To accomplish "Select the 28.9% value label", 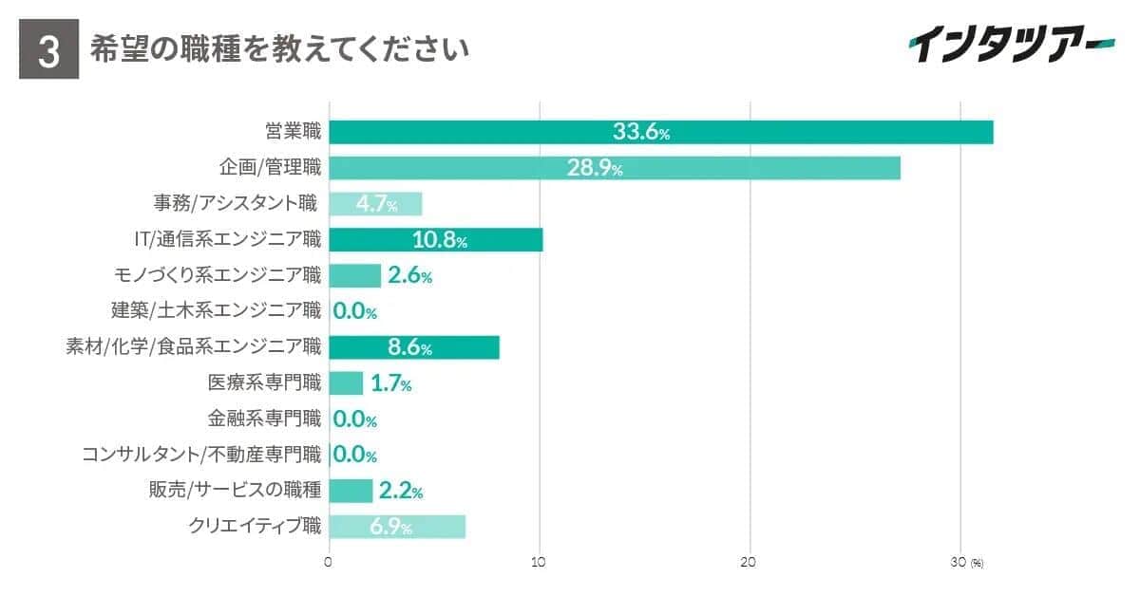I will (595, 168).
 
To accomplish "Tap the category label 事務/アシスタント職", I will (236, 203).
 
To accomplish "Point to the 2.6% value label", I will (409, 276).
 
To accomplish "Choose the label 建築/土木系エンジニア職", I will (217, 310).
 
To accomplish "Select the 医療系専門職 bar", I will (346, 383).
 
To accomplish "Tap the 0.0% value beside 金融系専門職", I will (355, 419).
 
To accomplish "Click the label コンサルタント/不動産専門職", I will (201, 455).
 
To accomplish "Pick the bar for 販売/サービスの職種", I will (351, 491).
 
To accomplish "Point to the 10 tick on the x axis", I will (539, 563).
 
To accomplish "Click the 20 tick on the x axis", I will (749, 563).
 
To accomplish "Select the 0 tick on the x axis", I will (329, 563).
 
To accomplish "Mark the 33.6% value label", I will (641, 132).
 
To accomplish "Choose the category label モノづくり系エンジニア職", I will (217, 275).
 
